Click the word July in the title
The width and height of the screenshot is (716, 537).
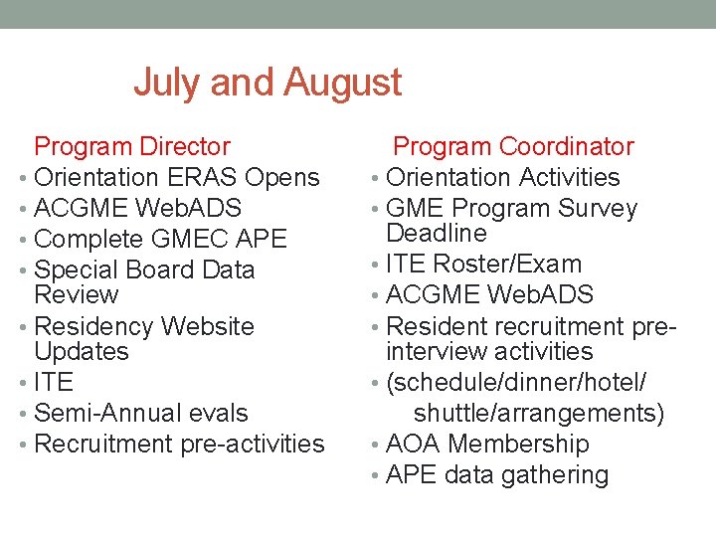point(166,83)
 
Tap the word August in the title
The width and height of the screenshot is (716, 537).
point(342,83)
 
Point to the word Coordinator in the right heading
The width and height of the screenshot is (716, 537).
point(567,147)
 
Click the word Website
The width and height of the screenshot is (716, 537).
point(208,327)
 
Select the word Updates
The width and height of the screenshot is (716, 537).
point(82,352)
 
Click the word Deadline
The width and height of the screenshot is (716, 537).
point(437,234)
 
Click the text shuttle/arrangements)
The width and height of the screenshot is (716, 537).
point(539,414)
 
